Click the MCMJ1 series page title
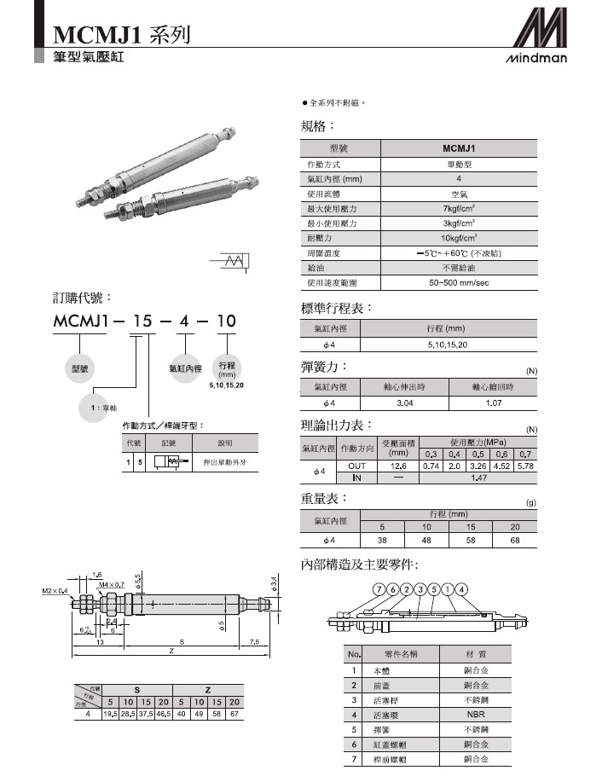(119, 35)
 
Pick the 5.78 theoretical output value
(526, 466)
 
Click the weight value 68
(514, 540)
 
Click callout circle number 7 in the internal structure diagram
(378, 589)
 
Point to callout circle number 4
(461, 589)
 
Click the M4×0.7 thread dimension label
(112, 585)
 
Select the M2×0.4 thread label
(55, 590)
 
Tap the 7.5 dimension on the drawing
(254, 641)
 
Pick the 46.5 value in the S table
(164, 714)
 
